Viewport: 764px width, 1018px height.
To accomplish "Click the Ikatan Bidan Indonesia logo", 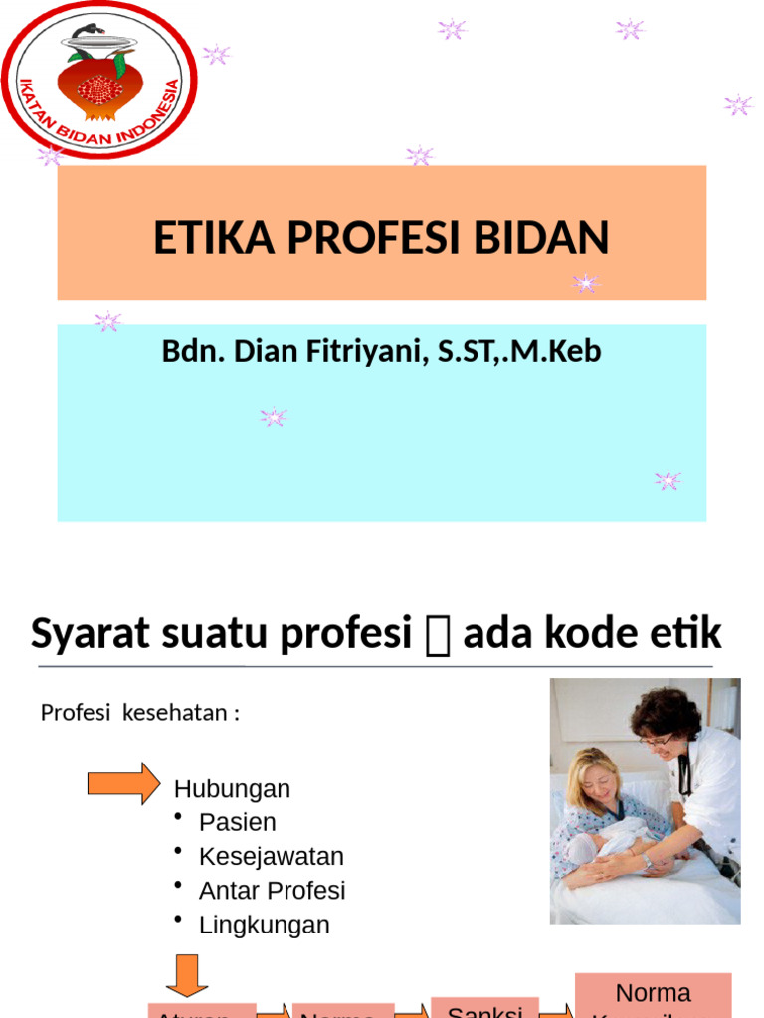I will coord(98,81).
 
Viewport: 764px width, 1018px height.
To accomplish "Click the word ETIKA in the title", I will coord(199,239).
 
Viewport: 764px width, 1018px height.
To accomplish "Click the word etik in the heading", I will coord(687,634).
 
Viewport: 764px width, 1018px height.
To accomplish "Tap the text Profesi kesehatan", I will coord(139,713).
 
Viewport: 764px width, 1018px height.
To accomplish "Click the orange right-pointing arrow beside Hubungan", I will coord(123,783).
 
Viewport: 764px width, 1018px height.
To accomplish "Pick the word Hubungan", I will coord(232,789).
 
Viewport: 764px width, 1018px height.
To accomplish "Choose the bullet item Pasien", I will coord(237,822).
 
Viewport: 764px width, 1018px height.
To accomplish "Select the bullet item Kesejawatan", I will coord(271,856).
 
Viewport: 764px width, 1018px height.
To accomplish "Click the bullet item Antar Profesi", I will coord(272,891).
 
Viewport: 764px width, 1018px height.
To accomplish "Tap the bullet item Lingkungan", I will coord(264,925).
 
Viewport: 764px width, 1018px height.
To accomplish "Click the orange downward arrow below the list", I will coord(186,975).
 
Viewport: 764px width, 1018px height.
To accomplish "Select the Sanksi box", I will coord(484,1008).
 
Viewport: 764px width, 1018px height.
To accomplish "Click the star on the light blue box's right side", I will coord(668,481).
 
